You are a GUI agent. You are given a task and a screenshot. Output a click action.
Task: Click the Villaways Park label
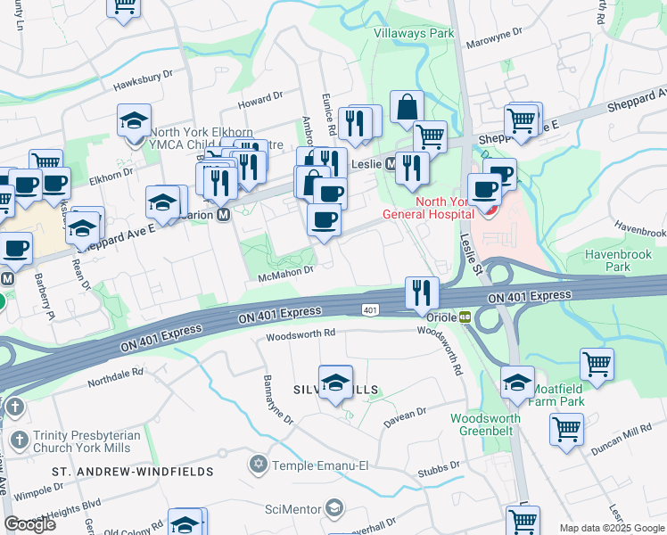pyautogui.click(x=413, y=33)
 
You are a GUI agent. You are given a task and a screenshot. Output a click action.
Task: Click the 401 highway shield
pyautogui.click(x=370, y=309)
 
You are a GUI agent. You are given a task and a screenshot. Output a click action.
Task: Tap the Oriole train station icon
pyautogui.click(x=465, y=317)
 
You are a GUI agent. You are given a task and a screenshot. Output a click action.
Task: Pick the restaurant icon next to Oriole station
pyautogui.click(x=422, y=292)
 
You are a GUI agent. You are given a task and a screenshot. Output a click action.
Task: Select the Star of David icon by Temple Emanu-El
pyautogui.click(x=259, y=464)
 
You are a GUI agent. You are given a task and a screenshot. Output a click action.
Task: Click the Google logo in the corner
pyautogui.click(x=29, y=524)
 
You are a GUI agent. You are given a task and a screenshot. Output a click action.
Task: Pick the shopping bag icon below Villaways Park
pyautogui.click(x=407, y=108)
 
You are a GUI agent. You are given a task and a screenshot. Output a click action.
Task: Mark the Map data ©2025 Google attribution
pyautogui.click(x=612, y=528)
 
